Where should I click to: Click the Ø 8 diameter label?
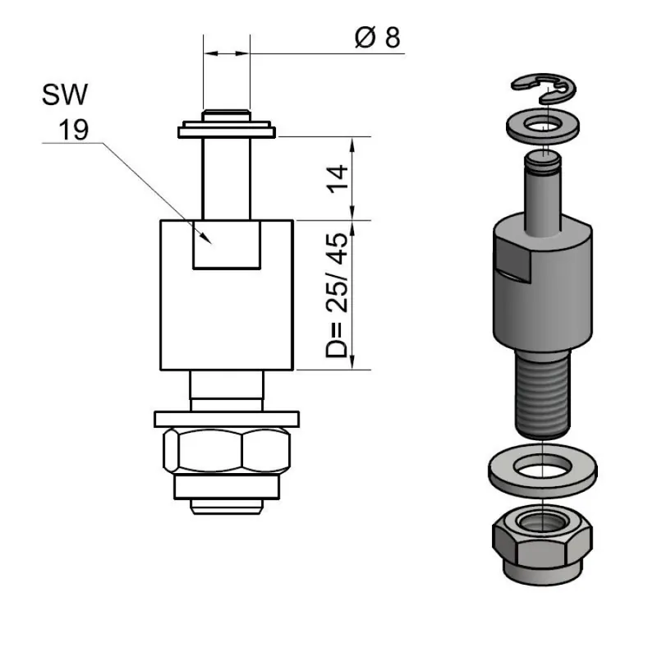(379, 38)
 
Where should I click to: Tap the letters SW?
(65, 96)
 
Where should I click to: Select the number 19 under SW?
(72, 129)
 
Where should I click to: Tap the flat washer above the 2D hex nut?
(227, 419)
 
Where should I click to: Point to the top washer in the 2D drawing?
(227, 130)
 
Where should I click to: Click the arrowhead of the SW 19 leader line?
(209, 239)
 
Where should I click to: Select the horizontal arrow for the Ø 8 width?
(226, 53)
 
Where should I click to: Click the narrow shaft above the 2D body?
(227, 177)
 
